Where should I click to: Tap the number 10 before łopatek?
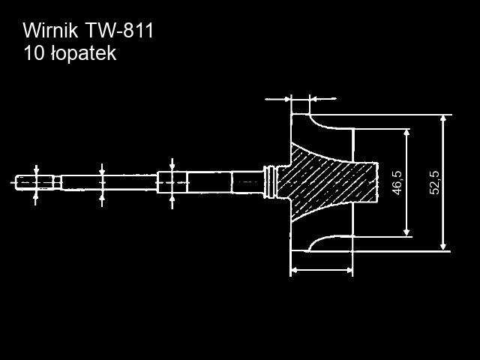coord(33,54)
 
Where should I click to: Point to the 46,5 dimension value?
coord(397,182)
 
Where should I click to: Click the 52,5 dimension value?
coord(434,182)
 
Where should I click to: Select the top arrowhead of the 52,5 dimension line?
coord(444,120)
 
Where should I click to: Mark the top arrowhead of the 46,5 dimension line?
coord(406,133)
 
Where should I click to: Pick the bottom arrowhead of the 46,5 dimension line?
coord(406,230)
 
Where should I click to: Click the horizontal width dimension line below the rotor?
coord(321,268)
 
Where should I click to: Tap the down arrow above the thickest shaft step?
coord(172,165)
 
